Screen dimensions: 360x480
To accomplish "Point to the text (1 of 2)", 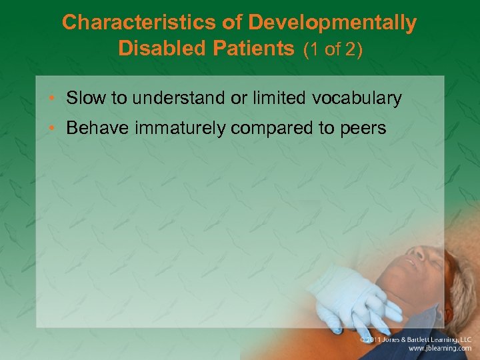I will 333,50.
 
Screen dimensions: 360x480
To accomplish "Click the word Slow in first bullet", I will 86,99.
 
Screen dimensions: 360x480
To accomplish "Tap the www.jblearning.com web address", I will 439,349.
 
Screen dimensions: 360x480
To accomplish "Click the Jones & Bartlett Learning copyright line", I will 415,339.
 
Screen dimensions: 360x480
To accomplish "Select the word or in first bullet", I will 239,99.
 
